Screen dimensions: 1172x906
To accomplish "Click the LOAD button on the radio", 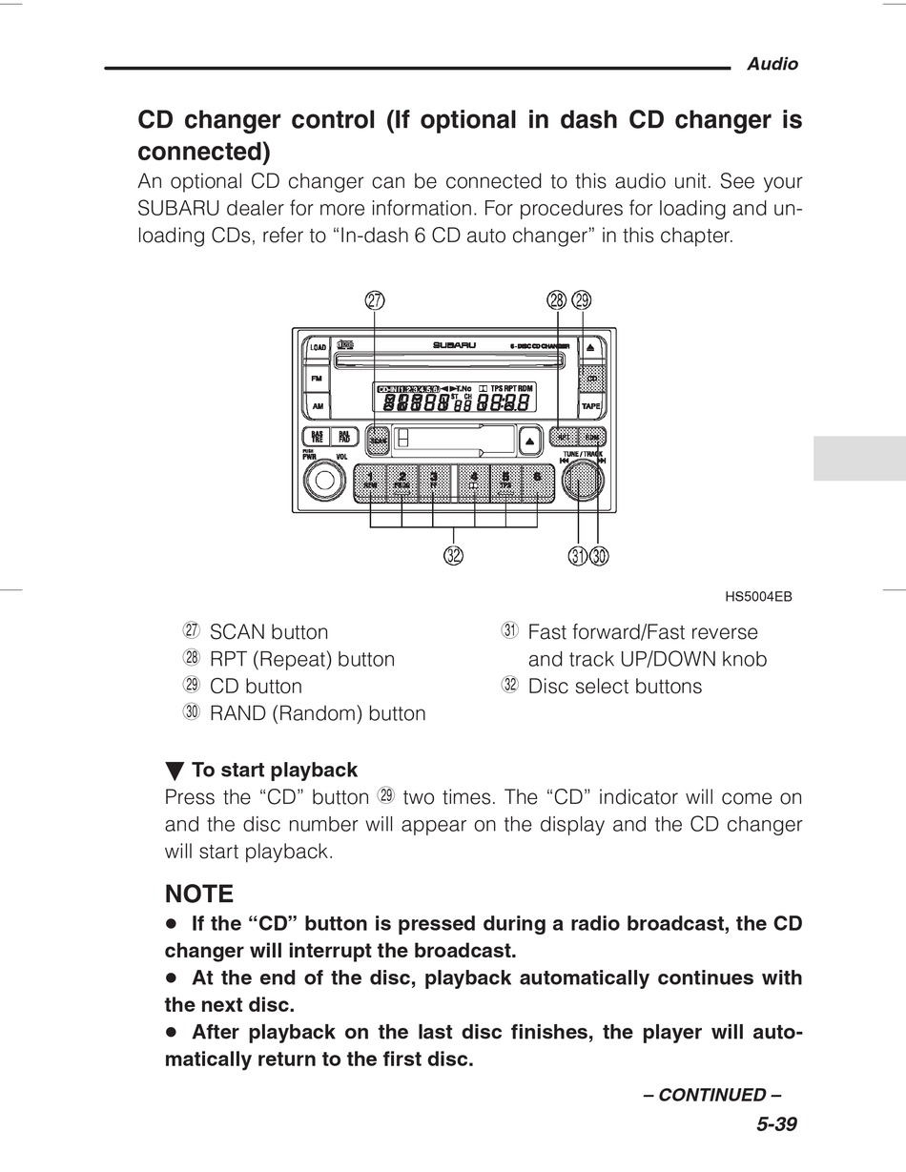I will [x=318, y=348].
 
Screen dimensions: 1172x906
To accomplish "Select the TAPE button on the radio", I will [x=591, y=407].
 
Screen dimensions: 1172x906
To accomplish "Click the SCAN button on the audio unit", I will [x=378, y=440].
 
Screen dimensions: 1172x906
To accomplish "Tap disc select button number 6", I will [x=538, y=482].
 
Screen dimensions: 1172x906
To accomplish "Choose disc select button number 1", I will [x=371, y=482].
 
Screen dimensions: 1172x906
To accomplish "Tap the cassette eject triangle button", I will [x=530, y=440].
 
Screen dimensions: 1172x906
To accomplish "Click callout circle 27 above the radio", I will [x=375, y=299].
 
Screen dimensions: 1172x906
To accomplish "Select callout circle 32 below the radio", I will [x=453, y=555].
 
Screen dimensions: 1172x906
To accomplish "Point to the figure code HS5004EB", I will [x=758, y=597].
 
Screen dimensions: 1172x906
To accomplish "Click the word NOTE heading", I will [x=199, y=894].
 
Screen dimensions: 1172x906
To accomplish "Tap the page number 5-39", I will [x=776, y=1123].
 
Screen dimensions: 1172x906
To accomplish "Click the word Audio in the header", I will [x=772, y=64].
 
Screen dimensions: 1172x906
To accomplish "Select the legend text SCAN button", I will [x=269, y=632].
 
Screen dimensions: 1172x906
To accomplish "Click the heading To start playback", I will [x=275, y=770].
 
